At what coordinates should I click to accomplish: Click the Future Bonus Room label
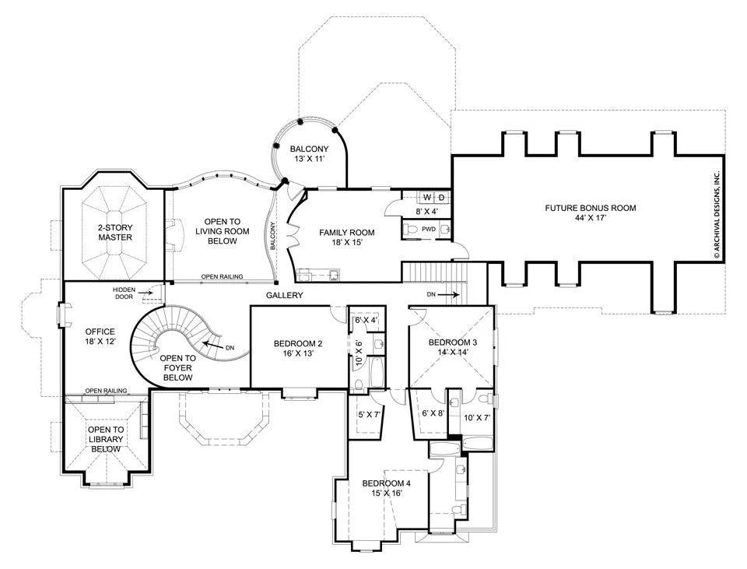pos(591,212)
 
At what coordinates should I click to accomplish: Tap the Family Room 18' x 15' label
pos(346,237)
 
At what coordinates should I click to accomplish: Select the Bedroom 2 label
pos(298,349)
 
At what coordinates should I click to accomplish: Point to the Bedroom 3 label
pos(453,347)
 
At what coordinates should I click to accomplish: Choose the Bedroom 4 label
pos(387,488)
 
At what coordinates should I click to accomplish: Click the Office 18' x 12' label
pos(100,336)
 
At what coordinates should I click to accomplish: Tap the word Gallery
pos(285,296)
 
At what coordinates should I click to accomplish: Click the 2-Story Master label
pos(115,233)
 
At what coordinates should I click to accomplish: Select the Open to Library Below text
pos(106,439)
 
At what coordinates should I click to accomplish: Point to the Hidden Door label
pos(124,293)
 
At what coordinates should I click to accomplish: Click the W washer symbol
pos(427,197)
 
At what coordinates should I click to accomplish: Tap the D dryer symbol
pos(442,197)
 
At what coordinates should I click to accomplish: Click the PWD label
pos(429,229)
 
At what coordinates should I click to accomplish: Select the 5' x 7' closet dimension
pos(369,415)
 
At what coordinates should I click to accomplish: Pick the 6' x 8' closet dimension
pos(433,413)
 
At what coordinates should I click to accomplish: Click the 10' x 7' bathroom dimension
pos(477,418)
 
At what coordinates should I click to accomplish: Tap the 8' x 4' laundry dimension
pos(426,211)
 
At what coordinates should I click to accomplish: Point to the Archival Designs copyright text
pos(717,215)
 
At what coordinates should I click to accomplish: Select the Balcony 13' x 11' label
pos(309,154)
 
